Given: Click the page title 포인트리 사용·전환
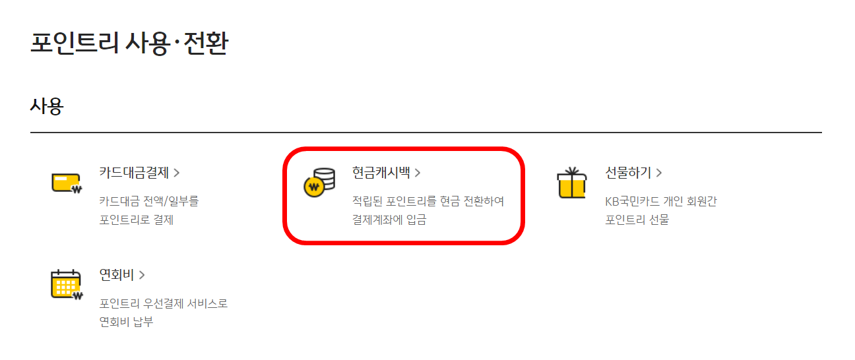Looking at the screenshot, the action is (129, 44).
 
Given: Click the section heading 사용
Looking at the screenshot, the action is (46, 106).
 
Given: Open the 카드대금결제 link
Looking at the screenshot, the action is (134, 173).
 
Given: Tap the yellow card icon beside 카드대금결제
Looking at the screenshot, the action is (66, 183).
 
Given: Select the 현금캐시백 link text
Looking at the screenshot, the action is (381, 173).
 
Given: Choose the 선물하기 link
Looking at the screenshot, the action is (628, 173).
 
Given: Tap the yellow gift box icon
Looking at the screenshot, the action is (571, 183).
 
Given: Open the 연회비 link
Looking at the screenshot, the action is (117, 274).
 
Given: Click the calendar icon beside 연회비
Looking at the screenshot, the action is (66, 284).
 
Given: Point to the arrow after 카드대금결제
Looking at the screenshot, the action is (177, 173).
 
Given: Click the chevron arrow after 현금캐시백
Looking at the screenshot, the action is (418, 173).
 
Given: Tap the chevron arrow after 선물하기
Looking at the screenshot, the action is (659, 173).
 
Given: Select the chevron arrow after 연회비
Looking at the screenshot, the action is (142, 275).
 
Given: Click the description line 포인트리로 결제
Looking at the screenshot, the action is (136, 220).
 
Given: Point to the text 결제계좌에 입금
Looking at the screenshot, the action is (389, 220).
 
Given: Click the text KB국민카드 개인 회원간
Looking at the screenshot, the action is (661, 201).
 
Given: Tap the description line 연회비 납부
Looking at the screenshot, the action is (126, 322).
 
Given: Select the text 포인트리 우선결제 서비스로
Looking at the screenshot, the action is (164, 304).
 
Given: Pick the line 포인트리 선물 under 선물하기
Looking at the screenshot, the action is (637, 220).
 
